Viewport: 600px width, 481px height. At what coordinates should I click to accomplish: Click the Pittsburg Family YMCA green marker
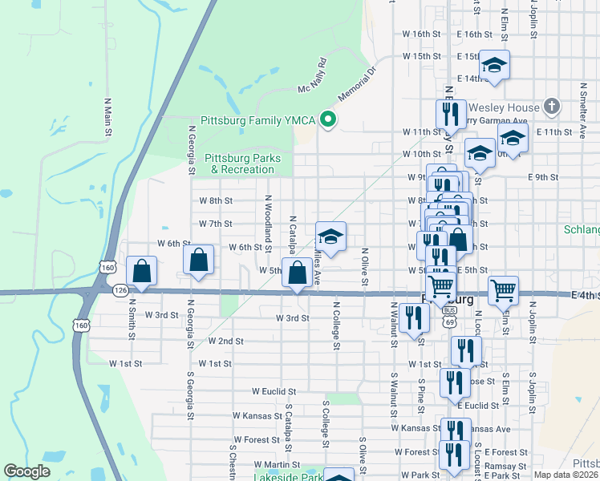[x=327, y=121]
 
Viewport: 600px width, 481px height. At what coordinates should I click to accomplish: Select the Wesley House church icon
[x=551, y=106]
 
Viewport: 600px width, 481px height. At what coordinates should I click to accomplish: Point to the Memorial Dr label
[x=356, y=84]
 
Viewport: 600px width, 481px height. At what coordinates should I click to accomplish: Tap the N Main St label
[x=107, y=116]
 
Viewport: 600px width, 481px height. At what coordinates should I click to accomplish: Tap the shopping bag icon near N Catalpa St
[x=298, y=272]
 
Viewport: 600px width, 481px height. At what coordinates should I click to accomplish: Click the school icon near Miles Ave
[x=330, y=236]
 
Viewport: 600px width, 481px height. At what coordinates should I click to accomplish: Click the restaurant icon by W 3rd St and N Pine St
[x=414, y=317]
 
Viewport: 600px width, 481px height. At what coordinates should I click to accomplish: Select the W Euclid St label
[x=274, y=392]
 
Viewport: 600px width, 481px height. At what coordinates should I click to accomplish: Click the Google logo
[x=26, y=471]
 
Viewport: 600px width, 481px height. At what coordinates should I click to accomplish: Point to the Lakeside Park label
[x=287, y=477]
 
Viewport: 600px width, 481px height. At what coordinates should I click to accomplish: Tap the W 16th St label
[x=422, y=34]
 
